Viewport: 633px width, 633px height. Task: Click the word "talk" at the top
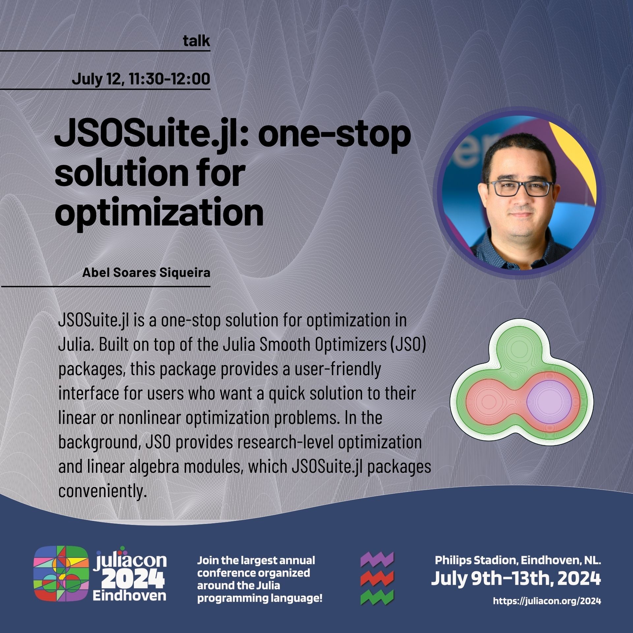[x=196, y=41]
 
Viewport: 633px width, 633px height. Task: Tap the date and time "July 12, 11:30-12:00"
[x=141, y=79]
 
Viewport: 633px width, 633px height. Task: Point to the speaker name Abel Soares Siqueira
[x=146, y=273]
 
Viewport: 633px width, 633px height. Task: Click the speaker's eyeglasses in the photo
[x=520, y=189]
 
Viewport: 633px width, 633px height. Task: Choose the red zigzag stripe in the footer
[x=377, y=579]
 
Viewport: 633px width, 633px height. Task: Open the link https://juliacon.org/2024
[x=547, y=601]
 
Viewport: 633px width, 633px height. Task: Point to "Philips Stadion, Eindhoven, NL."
[x=518, y=560]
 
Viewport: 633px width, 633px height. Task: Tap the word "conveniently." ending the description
[x=102, y=491]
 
